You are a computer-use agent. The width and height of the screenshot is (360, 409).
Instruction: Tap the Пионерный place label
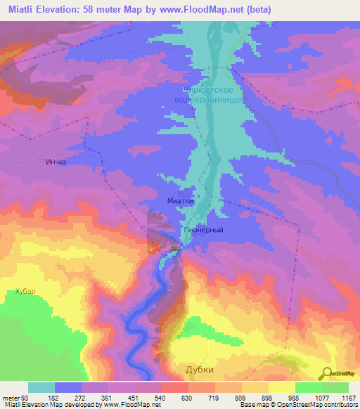[x=203, y=230]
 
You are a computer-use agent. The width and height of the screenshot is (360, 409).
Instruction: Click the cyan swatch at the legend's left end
[x=41, y=387]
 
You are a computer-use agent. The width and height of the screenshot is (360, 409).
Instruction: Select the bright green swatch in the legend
[x=308, y=387]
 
